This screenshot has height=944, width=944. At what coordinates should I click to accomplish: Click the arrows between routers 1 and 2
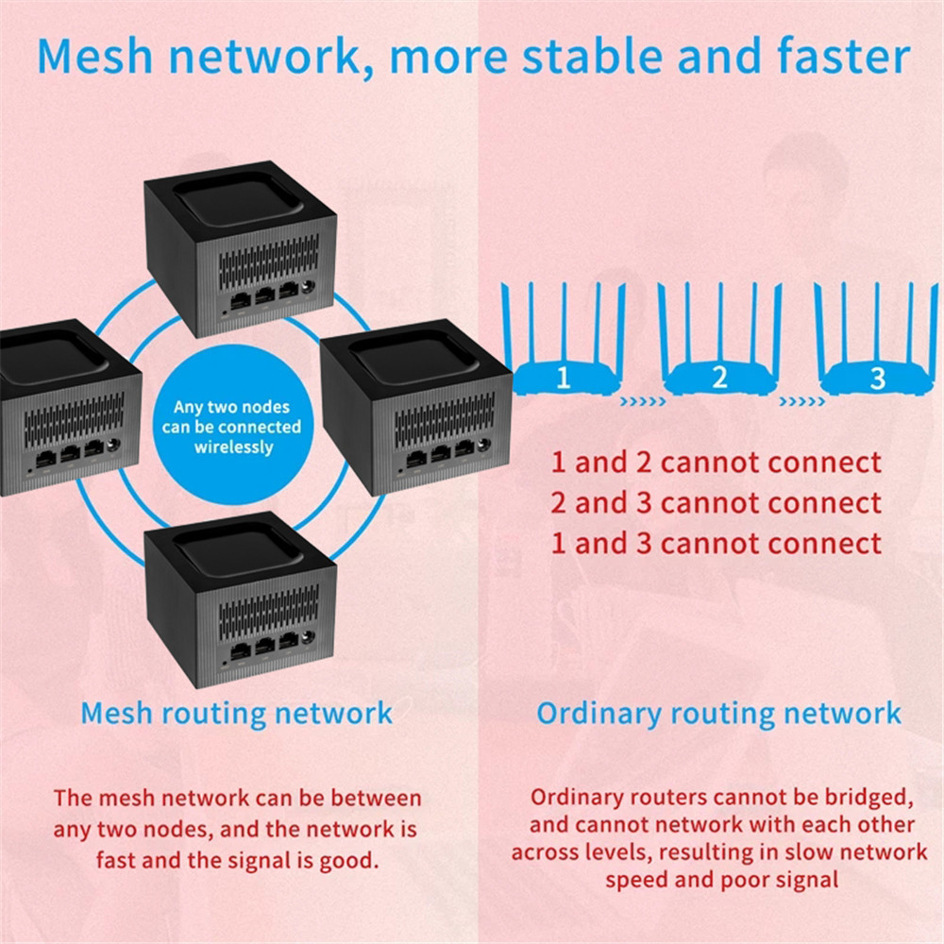[x=642, y=401]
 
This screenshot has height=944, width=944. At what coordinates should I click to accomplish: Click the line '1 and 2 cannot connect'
[x=716, y=463]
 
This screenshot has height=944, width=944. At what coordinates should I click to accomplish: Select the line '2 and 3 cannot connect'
[x=716, y=503]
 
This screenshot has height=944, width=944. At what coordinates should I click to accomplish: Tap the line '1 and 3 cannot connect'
[x=716, y=544]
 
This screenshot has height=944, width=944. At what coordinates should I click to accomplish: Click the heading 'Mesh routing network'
[x=236, y=713]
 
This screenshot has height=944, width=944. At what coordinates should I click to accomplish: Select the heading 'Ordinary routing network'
[x=719, y=713]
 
